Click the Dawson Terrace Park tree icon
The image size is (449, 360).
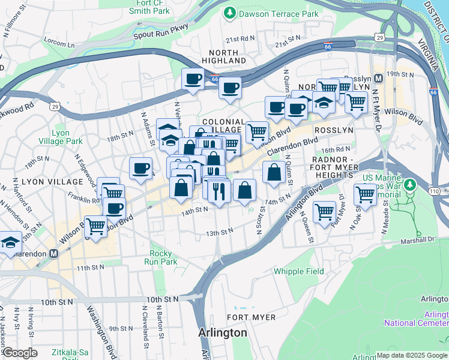coord(229,13)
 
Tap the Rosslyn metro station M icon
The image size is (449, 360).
coord(378,79)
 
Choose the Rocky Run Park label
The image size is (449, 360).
coord(164,257)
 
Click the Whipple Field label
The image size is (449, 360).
coord(298,271)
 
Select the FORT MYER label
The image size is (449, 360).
coord(252,317)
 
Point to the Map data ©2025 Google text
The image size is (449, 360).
coord(412,355)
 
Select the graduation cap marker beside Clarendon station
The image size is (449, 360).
coord(10,242)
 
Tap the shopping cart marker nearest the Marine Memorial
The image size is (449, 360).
coord(365,194)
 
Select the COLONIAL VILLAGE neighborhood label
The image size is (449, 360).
coord(223,125)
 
